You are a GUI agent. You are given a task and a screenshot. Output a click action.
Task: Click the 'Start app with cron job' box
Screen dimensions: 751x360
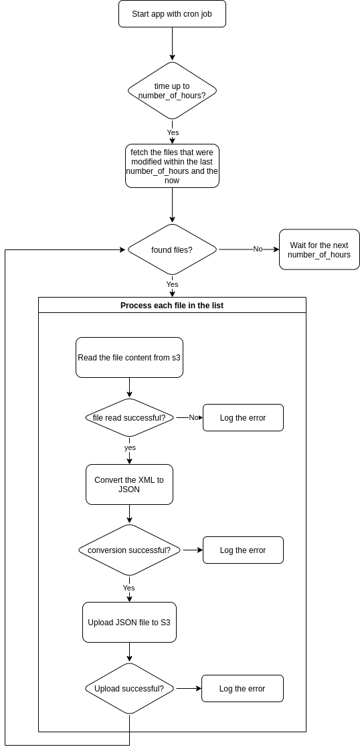pyautogui.click(x=172, y=14)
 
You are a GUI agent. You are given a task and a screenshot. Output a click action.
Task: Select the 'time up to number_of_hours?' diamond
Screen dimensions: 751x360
pyautogui.click(x=172, y=91)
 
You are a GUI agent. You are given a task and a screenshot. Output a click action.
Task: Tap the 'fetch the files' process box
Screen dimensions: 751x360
pyautogui.click(x=172, y=166)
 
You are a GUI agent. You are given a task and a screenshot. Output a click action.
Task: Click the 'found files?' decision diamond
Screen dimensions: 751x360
pyautogui.click(x=172, y=250)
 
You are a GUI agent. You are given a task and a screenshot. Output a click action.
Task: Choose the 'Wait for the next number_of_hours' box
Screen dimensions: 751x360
pyautogui.click(x=319, y=250)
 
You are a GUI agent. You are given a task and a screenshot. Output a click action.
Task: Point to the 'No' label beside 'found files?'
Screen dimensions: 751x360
pyautogui.click(x=258, y=249)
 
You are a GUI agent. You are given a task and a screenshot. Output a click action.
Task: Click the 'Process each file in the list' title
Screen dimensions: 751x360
pyautogui.click(x=172, y=306)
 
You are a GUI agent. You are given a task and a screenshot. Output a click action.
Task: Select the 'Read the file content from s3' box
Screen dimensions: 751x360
pyautogui.click(x=129, y=358)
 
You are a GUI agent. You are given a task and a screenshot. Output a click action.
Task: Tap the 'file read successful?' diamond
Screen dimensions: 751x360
pyautogui.click(x=129, y=418)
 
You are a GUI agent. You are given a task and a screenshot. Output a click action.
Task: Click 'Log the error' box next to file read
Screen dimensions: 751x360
pyautogui.click(x=243, y=418)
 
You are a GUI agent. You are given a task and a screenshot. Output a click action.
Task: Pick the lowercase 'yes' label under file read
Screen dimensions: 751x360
pyautogui.click(x=130, y=447)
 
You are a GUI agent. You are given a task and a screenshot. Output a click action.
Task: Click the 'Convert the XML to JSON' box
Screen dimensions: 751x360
pyautogui.click(x=129, y=485)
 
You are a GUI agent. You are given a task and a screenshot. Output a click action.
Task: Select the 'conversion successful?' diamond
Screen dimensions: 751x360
pyautogui.click(x=129, y=550)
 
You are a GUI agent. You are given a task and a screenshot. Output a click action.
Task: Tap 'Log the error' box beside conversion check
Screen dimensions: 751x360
pyautogui.click(x=243, y=550)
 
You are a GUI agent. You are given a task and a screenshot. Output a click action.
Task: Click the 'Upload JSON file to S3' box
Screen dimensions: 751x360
pyautogui.click(x=129, y=623)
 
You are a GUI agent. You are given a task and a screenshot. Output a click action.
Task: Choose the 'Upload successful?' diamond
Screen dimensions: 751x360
pyautogui.click(x=129, y=689)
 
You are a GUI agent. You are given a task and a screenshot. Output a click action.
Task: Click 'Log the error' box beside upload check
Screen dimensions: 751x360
pyautogui.click(x=242, y=689)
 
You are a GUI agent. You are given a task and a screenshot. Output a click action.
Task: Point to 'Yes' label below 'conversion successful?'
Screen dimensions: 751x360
pyautogui.click(x=129, y=588)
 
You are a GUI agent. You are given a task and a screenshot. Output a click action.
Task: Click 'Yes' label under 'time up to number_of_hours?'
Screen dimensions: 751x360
pyautogui.click(x=173, y=132)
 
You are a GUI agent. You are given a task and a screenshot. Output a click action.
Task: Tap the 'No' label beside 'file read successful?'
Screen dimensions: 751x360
pyautogui.click(x=193, y=417)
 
